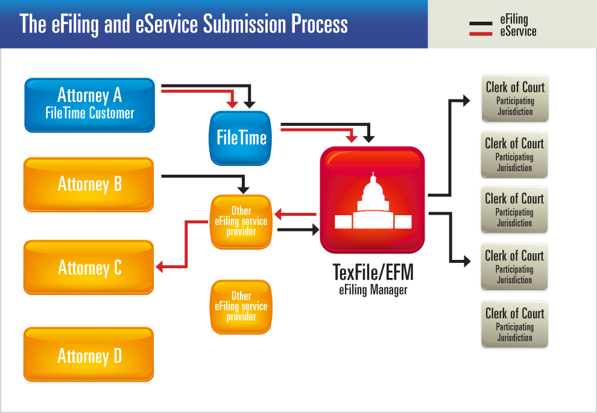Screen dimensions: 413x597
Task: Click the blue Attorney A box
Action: [89, 104]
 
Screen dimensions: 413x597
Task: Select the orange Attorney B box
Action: [89, 184]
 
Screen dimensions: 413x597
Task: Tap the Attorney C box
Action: [89, 267]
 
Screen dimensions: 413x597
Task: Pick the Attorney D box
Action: [89, 356]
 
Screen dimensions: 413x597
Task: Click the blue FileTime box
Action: [241, 138]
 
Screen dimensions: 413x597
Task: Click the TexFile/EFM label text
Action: [373, 273]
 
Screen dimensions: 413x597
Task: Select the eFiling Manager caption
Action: [373, 290]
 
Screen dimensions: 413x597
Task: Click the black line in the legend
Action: [481, 24]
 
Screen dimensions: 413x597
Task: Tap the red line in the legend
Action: [481, 34]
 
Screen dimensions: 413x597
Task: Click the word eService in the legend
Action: [518, 32]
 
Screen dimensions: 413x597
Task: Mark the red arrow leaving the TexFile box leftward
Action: [295, 214]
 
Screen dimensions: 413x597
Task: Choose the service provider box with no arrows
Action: [241, 307]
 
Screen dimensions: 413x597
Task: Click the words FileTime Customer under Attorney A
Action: [89, 113]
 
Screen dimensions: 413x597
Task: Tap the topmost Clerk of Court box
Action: [515, 98]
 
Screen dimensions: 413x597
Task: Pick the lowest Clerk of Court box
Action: [515, 324]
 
